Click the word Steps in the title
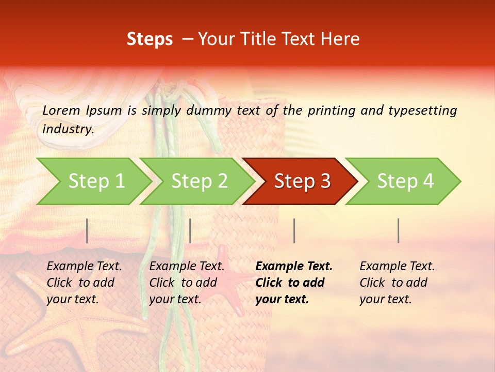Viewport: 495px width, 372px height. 150,39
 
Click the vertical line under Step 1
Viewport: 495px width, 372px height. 87,230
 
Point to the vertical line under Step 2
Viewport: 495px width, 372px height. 190,230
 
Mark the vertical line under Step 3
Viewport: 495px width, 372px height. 294,230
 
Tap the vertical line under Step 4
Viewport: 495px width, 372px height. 398,230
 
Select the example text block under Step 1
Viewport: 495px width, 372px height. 84,282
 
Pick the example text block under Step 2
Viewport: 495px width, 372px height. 187,282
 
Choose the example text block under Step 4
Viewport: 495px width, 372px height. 397,282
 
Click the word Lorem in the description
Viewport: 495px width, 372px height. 61,110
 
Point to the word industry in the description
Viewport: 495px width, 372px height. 68,129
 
